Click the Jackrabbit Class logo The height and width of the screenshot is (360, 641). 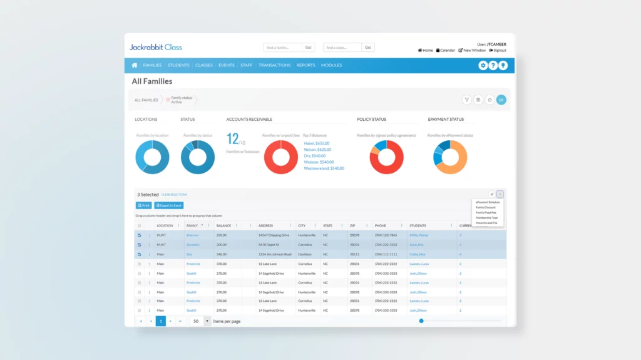[x=155, y=47]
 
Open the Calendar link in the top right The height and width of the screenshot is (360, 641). [x=446, y=50]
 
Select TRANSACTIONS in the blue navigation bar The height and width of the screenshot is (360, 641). [x=274, y=65]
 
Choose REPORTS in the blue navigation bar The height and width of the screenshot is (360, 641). [x=305, y=65]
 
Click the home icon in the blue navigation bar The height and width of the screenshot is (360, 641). [x=134, y=65]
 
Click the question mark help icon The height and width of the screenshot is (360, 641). [x=493, y=66]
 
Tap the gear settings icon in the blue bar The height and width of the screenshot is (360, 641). [x=483, y=66]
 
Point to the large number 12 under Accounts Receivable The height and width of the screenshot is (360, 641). [x=232, y=138]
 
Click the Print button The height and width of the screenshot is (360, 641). [x=143, y=205]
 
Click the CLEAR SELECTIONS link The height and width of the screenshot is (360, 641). [x=174, y=195]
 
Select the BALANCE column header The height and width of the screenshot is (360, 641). [x=223, y=225]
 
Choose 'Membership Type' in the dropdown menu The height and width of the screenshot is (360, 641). [x=486, y=217]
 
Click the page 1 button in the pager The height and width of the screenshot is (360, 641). [x=160, y=321]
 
